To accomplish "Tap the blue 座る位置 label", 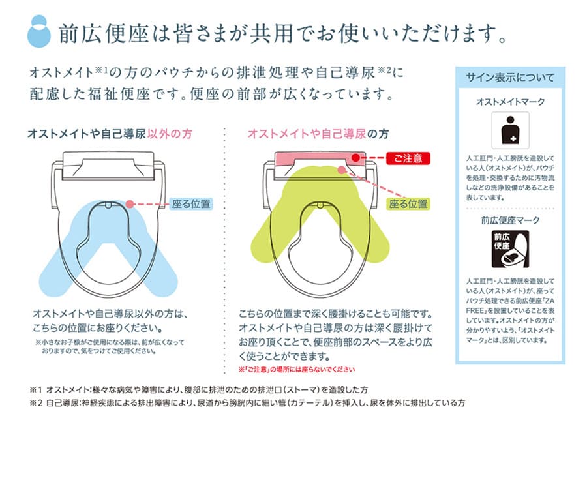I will pyautogui.click(x=191, y=203).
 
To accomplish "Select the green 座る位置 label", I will pyautogui.click(x=409, y=203).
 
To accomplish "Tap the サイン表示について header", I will pyautogui.click(x=510, y=78).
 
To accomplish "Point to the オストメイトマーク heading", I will pyautogui.click(x=510, y=102).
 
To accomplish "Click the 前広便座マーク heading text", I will pyautogui.click(x=510, y=220).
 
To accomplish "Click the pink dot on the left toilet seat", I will pyautogui.click(x=130, y=203).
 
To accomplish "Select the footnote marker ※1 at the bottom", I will pyautogui.click(x=35, y=389).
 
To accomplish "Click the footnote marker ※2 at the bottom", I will pyautogui.click(x=35, y=403).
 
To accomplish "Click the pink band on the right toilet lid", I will pyautogui.click(x=313, y=158).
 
